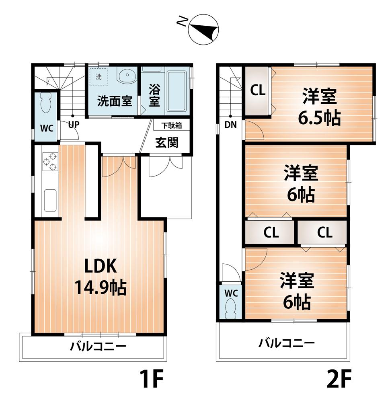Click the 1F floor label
pyautogui.click(x=151, y=378)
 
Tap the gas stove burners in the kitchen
pyautogui.click(x=49, y=162)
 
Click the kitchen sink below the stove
pyautogui.click(x=50, y=199)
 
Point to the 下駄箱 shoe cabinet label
pyautogui.click(x=172, y=125)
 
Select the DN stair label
pyautogui.click(x=230, y=125)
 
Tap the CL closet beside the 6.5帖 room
pyautogui.click(x=257, y=90)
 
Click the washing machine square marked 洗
pyautogui.click(x=99, y=76)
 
